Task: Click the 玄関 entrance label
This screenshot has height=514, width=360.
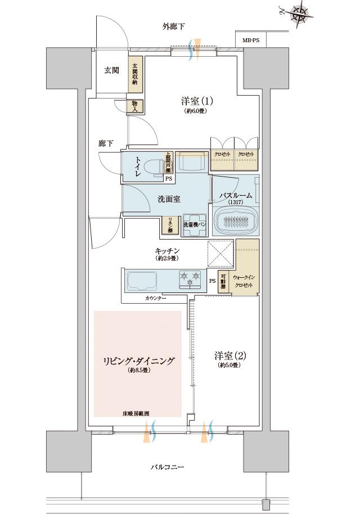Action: point(111,70)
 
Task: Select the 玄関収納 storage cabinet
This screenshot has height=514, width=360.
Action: point(135,74)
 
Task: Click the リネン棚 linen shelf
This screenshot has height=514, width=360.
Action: point(168,225)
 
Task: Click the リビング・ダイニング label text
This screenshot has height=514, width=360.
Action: point(138,360)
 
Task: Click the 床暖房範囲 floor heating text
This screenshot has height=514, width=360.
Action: point(137,413)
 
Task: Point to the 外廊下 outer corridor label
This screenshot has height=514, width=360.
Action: point(173,26)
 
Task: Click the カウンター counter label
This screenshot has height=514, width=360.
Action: point(156,298)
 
